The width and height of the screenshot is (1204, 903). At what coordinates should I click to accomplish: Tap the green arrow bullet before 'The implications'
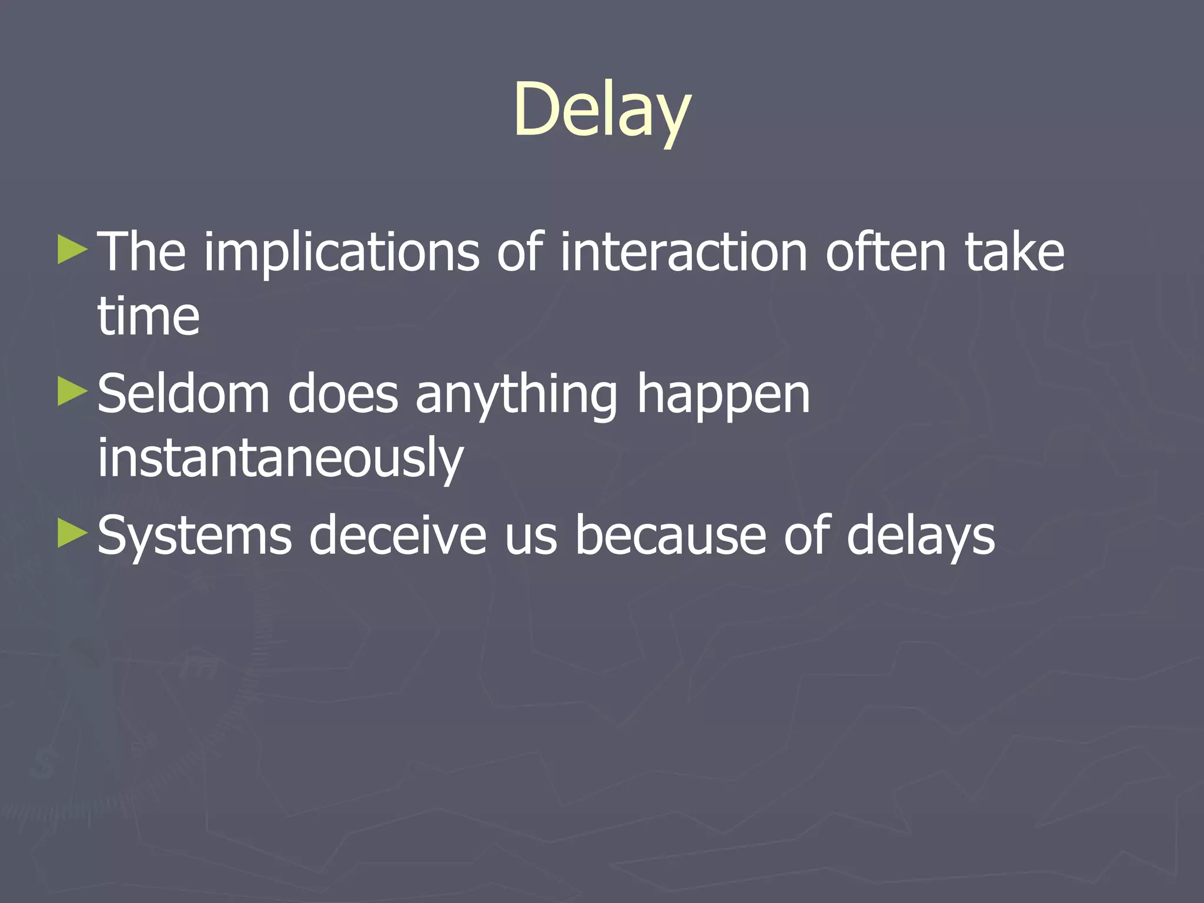pos(73,250)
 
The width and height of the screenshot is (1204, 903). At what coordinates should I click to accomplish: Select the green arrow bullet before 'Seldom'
pos(73,392)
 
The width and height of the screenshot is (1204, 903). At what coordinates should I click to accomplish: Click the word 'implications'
pos(341,253)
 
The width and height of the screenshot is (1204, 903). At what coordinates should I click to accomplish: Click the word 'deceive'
pos(398,535)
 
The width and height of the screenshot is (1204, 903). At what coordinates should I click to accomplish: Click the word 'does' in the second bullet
pos(343,394)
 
